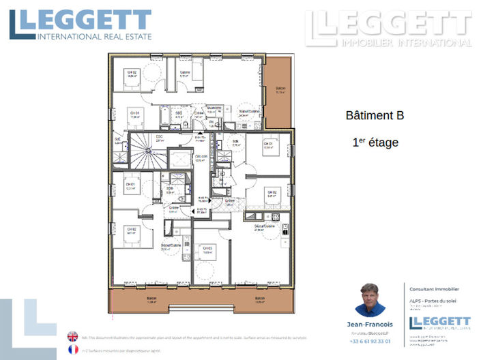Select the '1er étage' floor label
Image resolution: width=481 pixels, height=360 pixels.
(x=375, y=143)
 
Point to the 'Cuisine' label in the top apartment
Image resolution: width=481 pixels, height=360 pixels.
(x=184, y=72)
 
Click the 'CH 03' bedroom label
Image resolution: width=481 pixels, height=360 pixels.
(x=207, y=248)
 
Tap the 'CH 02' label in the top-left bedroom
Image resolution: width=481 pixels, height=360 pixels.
(x=130, y=72)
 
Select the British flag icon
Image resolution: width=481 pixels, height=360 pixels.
(x=73, y=336)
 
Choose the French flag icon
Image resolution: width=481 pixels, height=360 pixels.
(x=73, y=349)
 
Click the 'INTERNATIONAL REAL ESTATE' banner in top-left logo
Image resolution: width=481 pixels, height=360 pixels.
(x=93, y=36)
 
